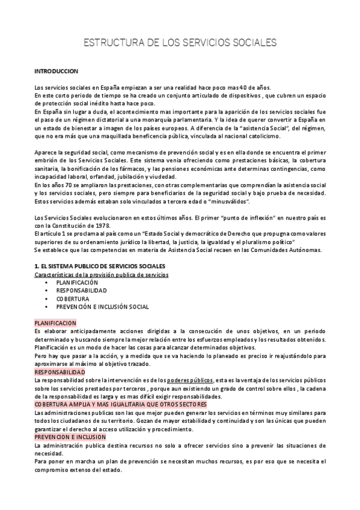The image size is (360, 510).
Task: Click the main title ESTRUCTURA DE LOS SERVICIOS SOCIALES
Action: (x=180, y=43)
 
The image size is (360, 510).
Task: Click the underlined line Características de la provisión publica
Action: (x=102, y=274)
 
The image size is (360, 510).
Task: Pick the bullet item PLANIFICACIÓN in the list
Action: (x=77, y=282)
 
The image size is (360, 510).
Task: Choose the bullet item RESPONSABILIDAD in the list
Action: (x=82, y=290)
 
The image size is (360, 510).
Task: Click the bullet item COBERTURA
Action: (x=73, y=298)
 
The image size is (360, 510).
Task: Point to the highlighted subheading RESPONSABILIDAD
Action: (x=59, y=372)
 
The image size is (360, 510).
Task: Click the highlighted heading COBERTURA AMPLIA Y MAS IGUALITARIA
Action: (x=120, y=405)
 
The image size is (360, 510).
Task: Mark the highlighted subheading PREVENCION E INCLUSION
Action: (x=70, y=437)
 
